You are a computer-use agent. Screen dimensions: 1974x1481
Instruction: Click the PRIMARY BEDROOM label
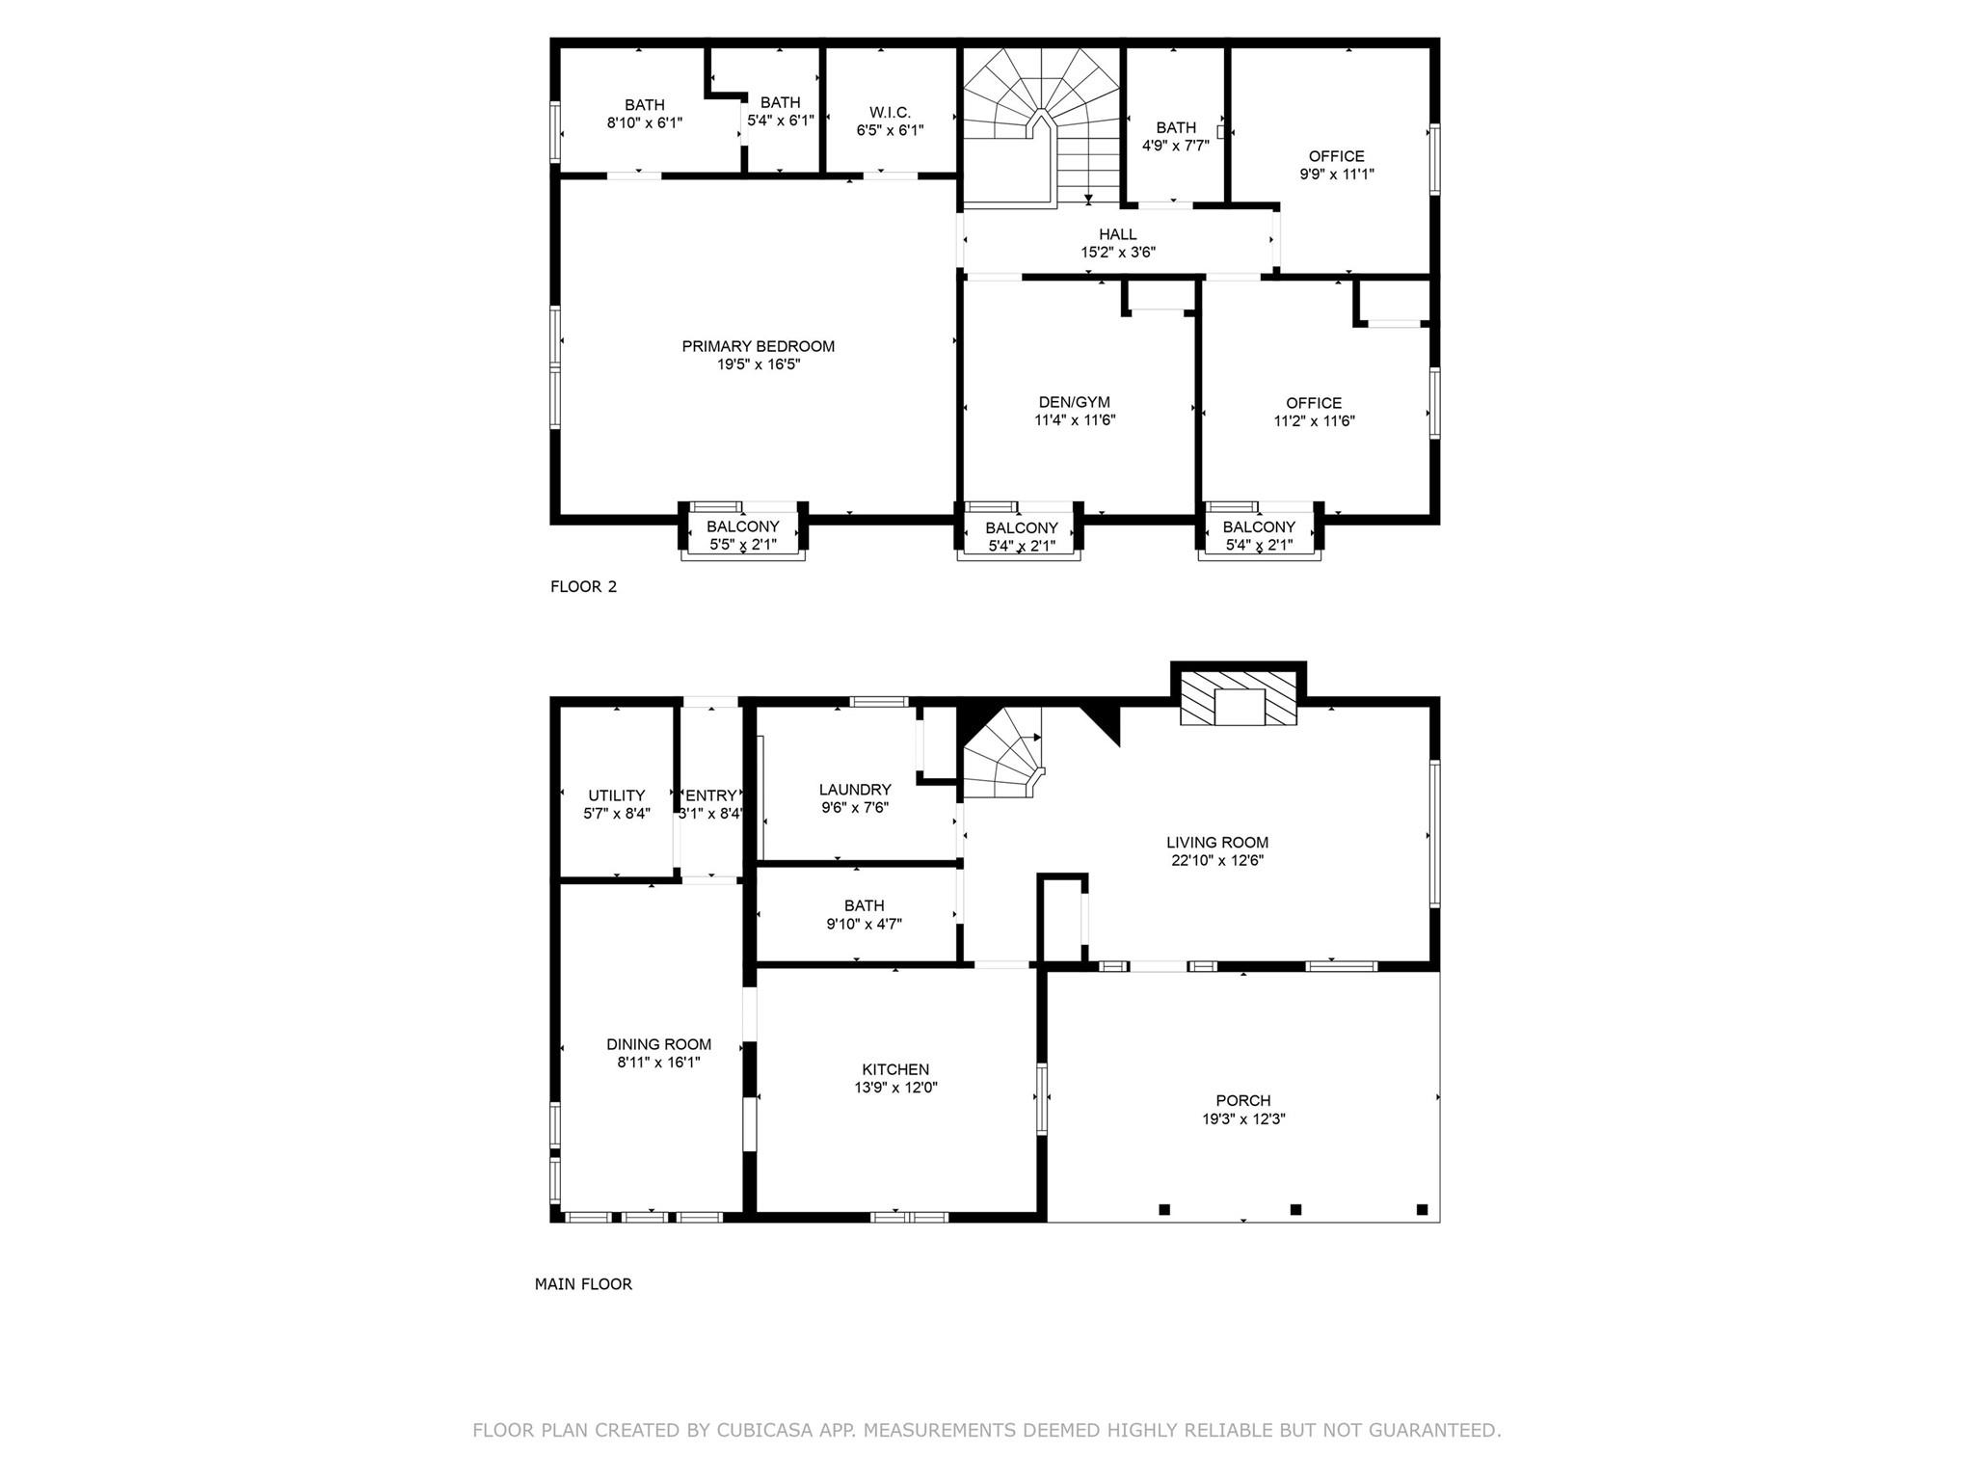point(758,346)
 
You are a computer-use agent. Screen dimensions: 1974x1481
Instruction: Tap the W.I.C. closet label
point(890,112)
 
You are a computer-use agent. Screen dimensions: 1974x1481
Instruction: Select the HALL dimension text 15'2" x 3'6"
point(1118,253)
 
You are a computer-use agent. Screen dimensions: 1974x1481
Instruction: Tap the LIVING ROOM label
point(1217,842)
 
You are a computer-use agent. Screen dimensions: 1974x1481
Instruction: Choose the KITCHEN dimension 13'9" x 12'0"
point(895,1088)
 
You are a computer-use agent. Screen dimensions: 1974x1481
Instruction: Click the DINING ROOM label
point(659,1044)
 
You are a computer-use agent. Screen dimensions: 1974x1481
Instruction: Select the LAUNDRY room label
point(855,790)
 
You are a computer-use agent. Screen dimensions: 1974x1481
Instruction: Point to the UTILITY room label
point(617,795)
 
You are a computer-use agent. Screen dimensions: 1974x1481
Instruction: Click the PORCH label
point(1243,1100)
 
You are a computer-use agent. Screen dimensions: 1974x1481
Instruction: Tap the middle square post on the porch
point(1295,1209)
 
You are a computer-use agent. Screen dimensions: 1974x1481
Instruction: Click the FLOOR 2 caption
point(583,586)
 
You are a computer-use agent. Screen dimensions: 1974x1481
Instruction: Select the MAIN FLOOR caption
point(583,1284)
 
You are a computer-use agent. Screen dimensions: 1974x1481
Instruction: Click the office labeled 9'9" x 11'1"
point(1337,165)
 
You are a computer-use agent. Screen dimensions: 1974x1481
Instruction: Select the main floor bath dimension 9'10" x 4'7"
point(865,924)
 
